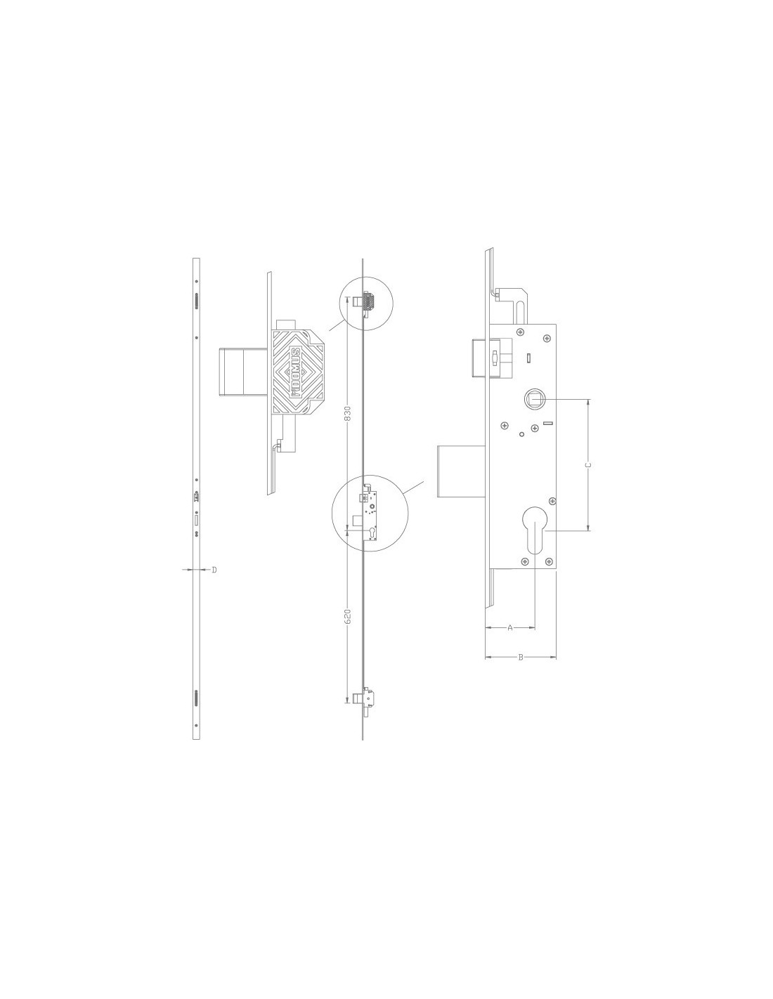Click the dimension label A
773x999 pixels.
509,628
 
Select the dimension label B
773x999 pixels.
521,658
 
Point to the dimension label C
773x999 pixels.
587,465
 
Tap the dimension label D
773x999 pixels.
214,570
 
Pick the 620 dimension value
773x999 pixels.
348,617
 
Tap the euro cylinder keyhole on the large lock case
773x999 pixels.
535,530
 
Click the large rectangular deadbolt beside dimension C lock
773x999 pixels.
461,471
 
